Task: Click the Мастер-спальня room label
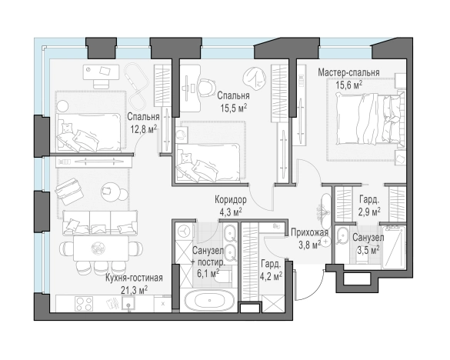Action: pyautogui.click(x=348, y=72)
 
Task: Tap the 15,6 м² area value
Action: pyautogui.click(x=349, y=85)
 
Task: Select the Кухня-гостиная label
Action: pyautogui.click(x=134, y=278)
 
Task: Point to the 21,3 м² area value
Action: pyautogui.click(x=134, y=290)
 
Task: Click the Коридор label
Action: pyautogui.click(x=231, y=199)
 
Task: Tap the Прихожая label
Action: pyautogui.click(x=309, y=232)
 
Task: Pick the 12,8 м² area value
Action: pyautogui.click(x=144, y=129)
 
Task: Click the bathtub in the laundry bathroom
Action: pyautogui.click(x=209, y=301)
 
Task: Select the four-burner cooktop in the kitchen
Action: pyautogui.click(x=84, y=304)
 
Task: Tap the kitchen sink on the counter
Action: pyautogui.click(x=128, y=303)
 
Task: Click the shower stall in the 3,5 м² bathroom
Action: pyautogui.click(x=393, y=248)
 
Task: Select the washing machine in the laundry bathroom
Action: pyautogui.click(x=183, y=231)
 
